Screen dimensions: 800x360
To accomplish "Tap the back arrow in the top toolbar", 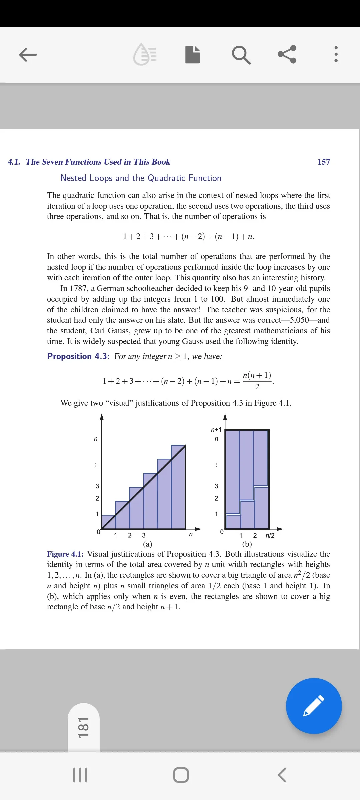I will pyautogui.click(x=28, y=55).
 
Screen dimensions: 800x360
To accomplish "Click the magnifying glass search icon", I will pyautogui.click(x=241, y=55).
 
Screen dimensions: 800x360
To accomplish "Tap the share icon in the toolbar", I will pyautogui.click(x=287, y=54).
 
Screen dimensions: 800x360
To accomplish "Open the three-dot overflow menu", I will pyautogui.click(x=336, y=54).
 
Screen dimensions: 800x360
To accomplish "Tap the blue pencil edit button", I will pyautogui.click(x=314, y=706).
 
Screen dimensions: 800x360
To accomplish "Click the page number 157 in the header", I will pyautogui.click(x=324, y=162).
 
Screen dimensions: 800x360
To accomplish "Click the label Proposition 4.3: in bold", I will pyautogui.click(x=78, y=356).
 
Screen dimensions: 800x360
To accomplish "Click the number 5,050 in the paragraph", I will pyautogui.click(x=299, y=320).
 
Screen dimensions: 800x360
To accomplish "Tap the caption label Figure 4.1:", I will pyautogui.click(x=65, y=554).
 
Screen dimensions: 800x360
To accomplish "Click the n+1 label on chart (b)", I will pyautogui.click(x=216, y=430).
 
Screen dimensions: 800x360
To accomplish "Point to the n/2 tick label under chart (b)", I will pyautogui.click(x=270, y=536).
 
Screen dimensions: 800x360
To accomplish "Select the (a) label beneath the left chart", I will pyautogui.click(x=147, y=544).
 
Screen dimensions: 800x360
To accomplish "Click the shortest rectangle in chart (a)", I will pyautogui.click(x=108, y=522).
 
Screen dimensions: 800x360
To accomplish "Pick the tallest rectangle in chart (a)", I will pyautogui.click(x=178, y=487).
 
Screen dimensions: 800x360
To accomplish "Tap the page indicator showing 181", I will pyautogui.click(x=83, y=728).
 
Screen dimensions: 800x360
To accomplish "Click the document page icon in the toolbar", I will pyautogui.click(x=192, y=55).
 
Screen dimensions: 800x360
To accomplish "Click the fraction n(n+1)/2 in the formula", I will pyautogui.click(x=257, y=380).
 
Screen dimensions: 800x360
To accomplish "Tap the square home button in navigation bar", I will pyautogui.click(x=181, y=775).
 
